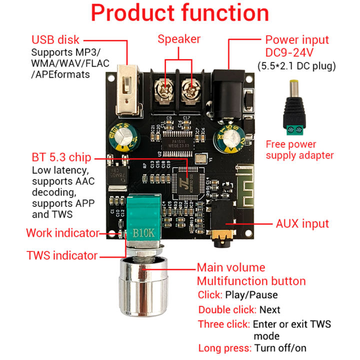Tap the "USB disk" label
point(55,39)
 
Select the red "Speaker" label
point(179,39)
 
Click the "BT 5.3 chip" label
point(61,158)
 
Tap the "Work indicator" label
point(62,233)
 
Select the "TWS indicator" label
point(62,255)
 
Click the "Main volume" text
point(230,267)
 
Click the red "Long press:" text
point(225,348)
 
